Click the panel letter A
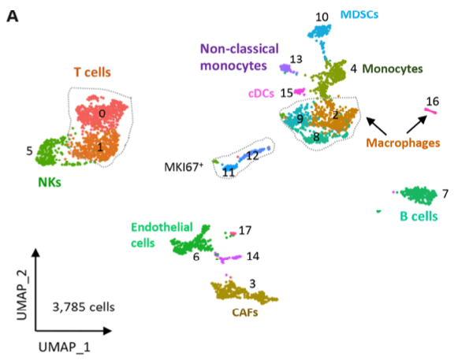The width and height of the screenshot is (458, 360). (13, 17)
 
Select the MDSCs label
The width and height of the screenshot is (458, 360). (359, 14)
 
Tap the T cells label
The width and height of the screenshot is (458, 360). (92, 72)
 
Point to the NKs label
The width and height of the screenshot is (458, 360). (50, 183)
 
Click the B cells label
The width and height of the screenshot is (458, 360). (419, 217)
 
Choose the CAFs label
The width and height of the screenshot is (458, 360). (245, 313)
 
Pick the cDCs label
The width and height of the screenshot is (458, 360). (261, 94)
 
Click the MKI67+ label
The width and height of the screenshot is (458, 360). (184, 167)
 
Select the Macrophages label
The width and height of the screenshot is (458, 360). (403, 143)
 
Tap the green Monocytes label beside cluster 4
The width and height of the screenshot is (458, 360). (393, 69)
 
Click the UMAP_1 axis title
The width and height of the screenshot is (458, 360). (65, 347)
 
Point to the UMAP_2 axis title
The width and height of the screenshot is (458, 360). (22, 295)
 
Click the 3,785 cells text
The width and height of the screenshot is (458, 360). (84, 307)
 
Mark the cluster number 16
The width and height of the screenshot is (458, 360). (432, 102)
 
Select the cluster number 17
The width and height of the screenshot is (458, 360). (245, 231)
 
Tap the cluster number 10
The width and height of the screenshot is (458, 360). (322, 17)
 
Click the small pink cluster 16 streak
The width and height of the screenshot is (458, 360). (430, 111)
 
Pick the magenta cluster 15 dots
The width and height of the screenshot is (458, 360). (300, 91)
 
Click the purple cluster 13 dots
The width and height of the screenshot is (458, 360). (288, 69)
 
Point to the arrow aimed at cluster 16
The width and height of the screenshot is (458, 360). (416, 124)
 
